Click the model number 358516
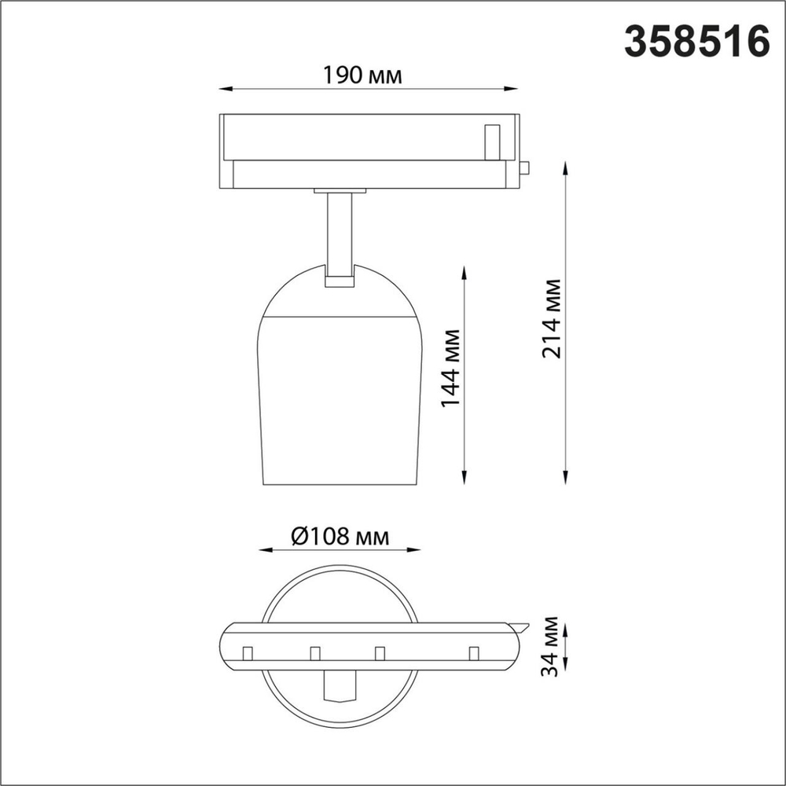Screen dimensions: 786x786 click(696, 41)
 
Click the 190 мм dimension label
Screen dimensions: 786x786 click(363, 76)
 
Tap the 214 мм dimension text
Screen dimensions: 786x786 click(553, 318)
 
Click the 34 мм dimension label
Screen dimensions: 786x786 click(553, 647)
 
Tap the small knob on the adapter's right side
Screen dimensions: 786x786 click(524, 167)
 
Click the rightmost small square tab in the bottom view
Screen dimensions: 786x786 click(473, 653)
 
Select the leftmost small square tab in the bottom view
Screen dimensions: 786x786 click(247, 653)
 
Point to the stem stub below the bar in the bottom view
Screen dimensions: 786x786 click(340, 685)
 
